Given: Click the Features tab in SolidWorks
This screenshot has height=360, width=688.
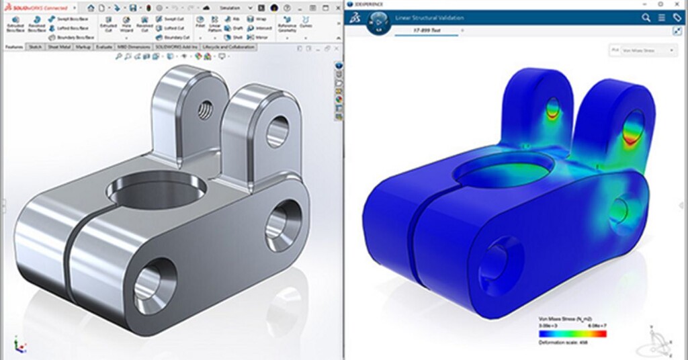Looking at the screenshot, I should point(13,48).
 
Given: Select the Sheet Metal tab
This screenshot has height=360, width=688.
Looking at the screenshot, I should point(60,48).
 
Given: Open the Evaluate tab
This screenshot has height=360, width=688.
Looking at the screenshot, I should point(104,48).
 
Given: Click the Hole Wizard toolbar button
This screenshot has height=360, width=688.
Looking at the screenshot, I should point(126,26).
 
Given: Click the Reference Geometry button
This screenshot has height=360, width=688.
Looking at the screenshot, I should point(287,26).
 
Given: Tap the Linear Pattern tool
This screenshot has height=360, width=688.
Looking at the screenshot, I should point(215,26).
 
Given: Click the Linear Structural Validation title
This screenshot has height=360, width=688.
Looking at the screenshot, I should point(429,17).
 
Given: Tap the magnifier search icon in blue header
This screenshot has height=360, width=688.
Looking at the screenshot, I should point(646,17).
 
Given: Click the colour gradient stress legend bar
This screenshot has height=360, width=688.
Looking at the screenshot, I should point(572,333).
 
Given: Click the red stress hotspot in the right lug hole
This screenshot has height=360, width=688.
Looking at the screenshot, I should point(632,138).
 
